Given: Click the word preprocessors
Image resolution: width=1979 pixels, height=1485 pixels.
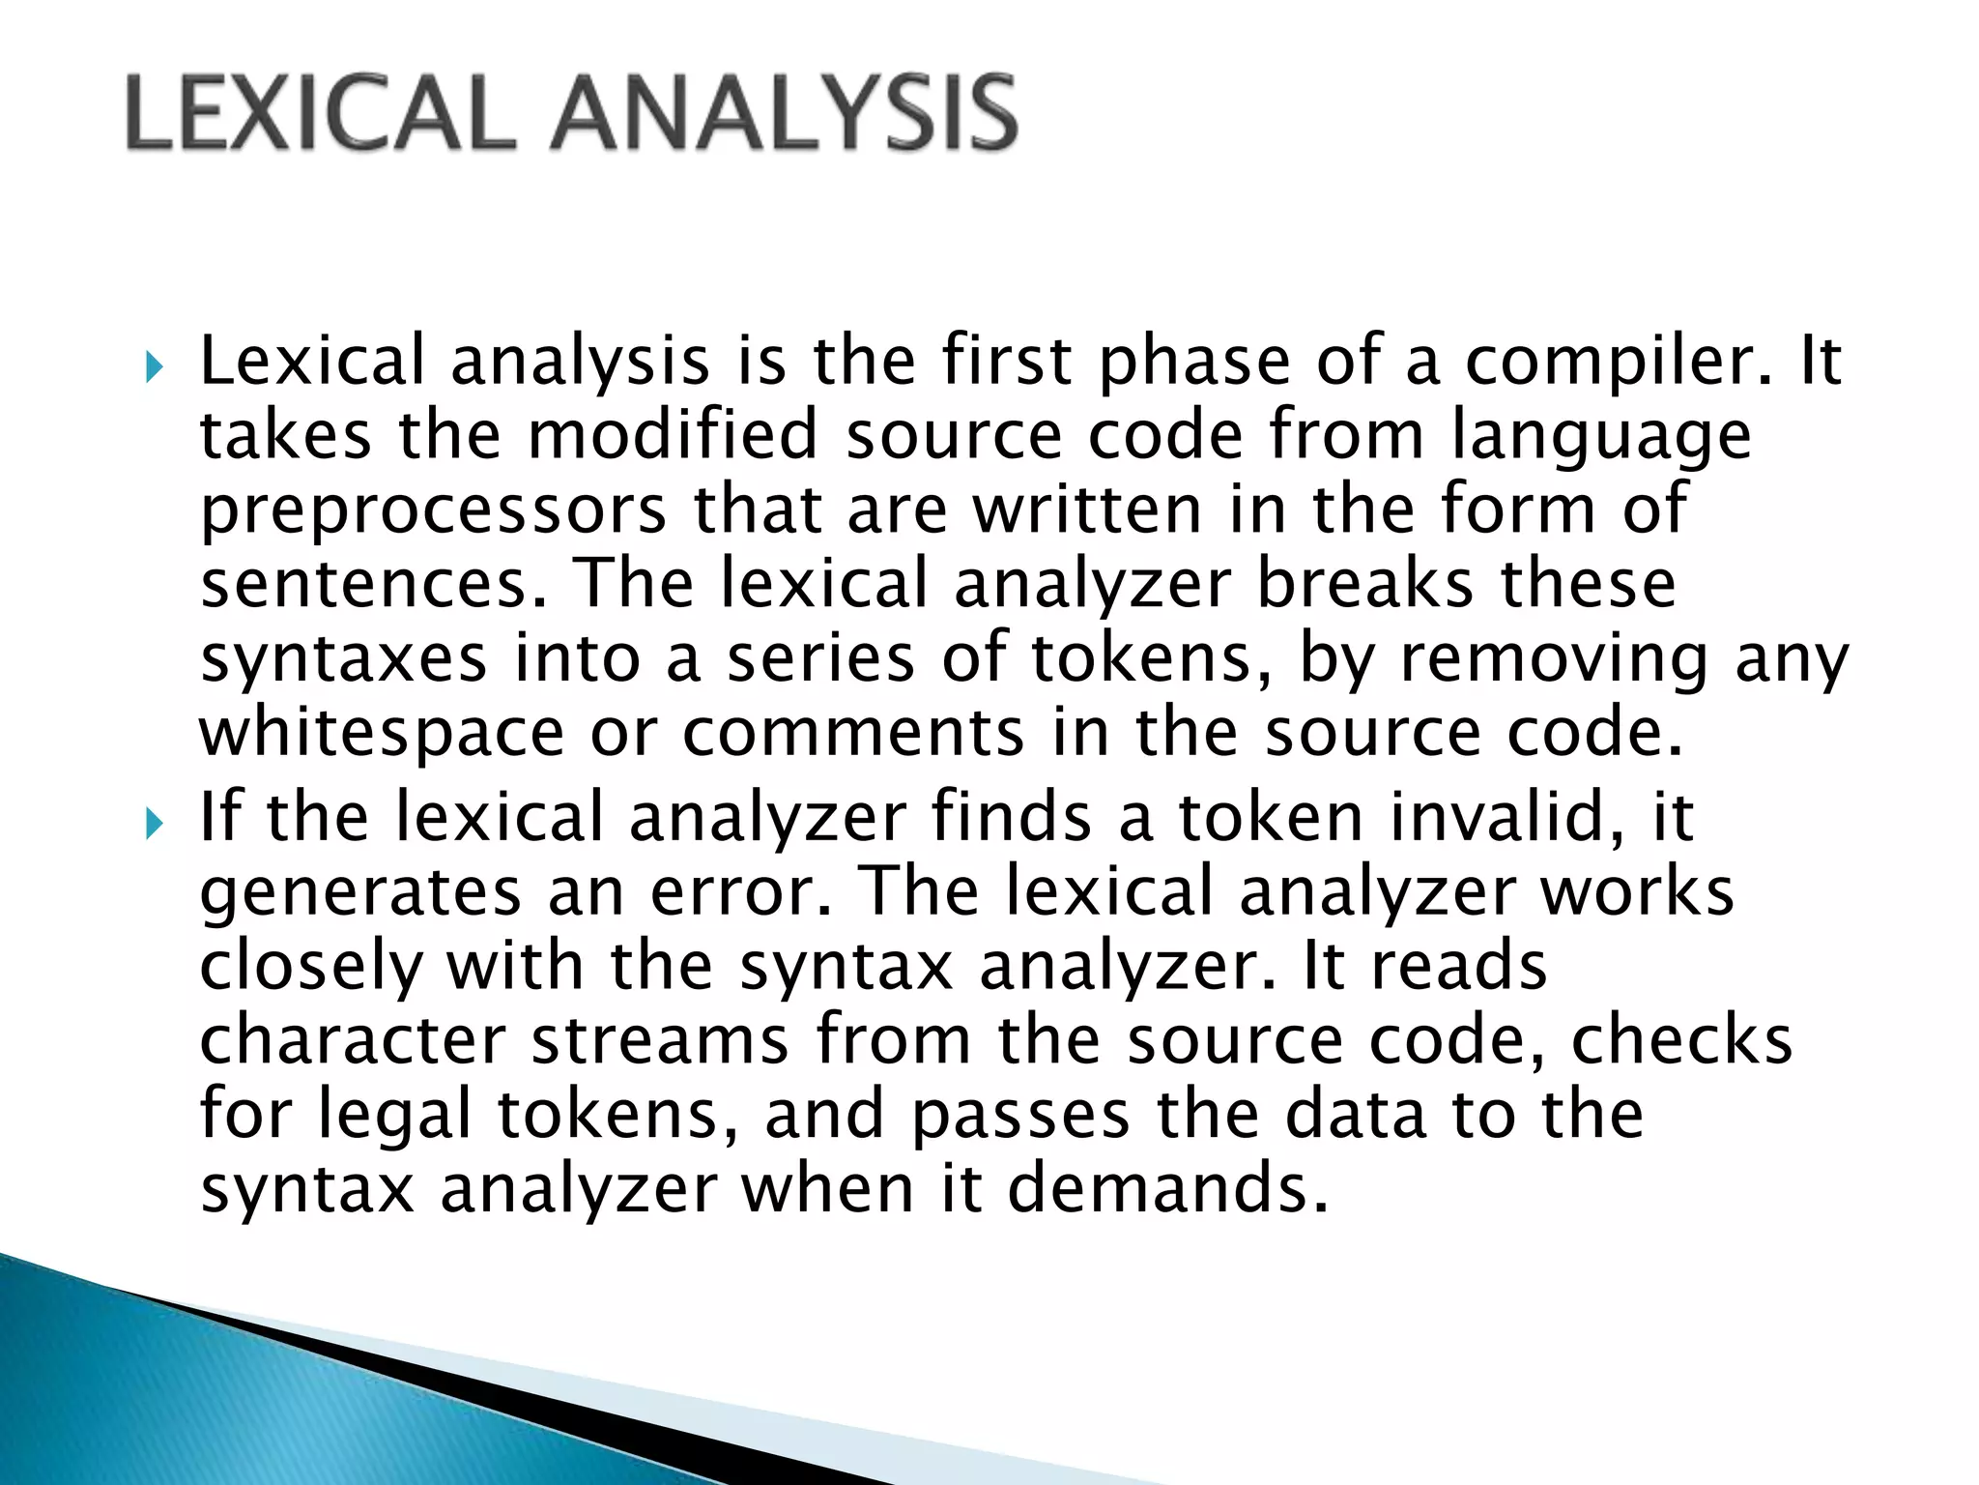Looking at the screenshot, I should [433, 512].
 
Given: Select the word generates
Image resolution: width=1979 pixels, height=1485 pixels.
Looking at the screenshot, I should [359, 893].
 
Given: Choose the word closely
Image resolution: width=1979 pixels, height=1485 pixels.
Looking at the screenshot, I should [311, 968].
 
